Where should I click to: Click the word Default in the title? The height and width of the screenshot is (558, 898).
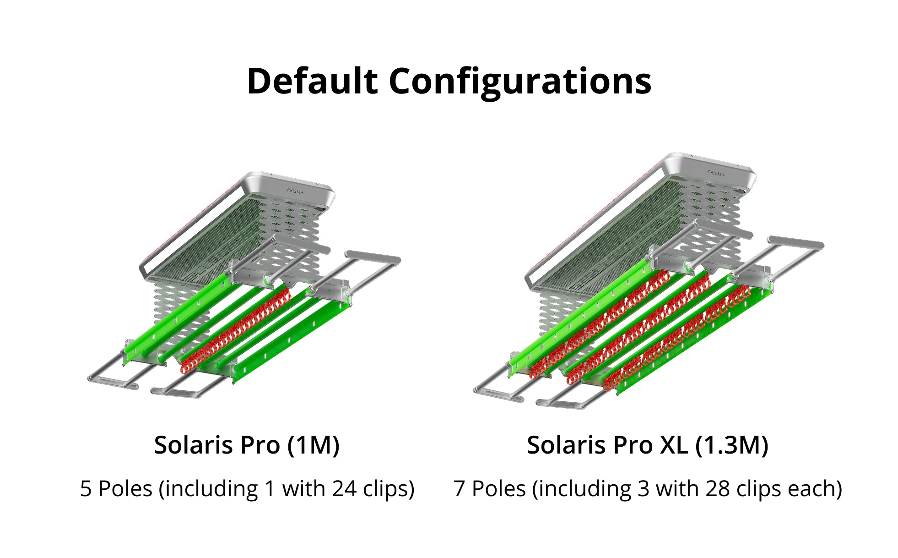tap(312, 81)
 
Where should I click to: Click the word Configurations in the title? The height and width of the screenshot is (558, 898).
tap(520, 81)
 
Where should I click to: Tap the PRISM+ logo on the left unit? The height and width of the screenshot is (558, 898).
tap(295, 191)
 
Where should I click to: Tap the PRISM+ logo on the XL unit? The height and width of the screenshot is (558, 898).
tap(716, 173)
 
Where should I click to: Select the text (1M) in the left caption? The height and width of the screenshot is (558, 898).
tap(314, 445)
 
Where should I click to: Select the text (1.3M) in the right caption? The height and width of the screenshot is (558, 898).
tap(731, 445)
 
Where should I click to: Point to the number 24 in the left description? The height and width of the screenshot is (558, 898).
tap(344, 488)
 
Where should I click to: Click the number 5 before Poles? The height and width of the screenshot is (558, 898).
tap(86, 488)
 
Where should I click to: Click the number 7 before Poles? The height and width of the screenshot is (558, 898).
tap(459, 488)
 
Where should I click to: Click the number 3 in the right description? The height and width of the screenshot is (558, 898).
tap(643, 488)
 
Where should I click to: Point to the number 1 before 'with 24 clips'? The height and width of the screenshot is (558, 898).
tap(270, 488)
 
